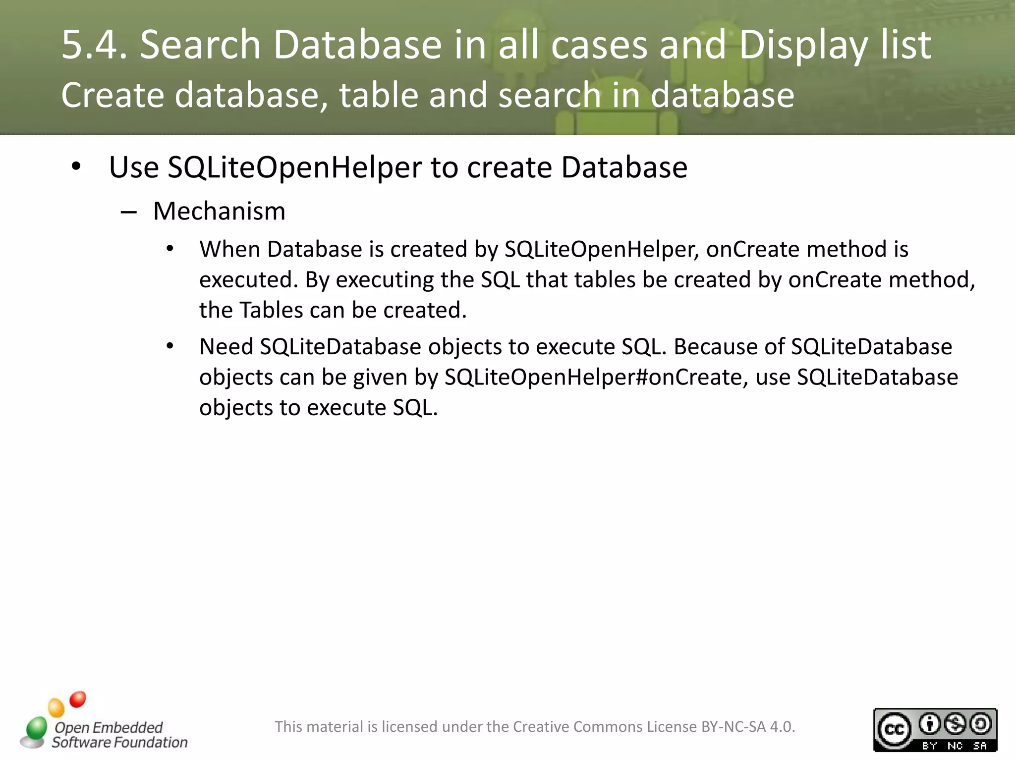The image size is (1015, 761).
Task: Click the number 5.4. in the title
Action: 94,45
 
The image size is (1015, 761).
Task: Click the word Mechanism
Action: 219,212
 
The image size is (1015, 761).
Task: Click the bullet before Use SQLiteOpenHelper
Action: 76,166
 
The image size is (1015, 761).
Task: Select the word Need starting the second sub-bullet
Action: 226,347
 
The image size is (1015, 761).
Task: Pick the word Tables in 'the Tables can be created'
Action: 271,311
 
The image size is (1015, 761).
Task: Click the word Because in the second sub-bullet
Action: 715,347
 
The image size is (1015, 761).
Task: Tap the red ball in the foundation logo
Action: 78,700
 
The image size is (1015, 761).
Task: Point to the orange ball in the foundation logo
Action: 56,707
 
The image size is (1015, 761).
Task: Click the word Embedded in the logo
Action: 127,727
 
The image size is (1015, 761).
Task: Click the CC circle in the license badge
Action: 894,730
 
